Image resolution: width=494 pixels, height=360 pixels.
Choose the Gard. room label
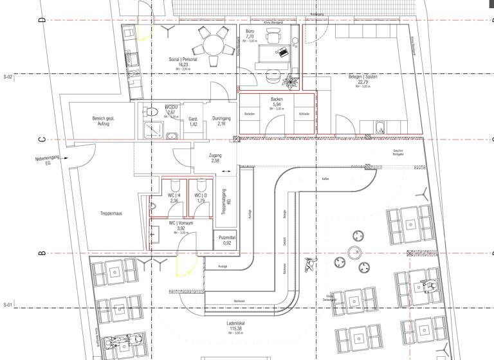pos(193,119)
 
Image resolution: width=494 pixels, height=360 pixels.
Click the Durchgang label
pos(221,119)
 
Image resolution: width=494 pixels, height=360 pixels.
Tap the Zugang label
pos(215,156)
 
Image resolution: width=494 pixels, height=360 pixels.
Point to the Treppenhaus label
pos(111,213)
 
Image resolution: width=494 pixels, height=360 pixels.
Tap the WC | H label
pos(174,195)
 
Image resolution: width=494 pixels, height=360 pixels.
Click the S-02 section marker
pos(8,76)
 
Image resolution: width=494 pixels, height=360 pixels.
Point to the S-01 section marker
pos(8,304)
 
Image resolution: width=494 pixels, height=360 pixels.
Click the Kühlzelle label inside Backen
pos(304,114)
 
